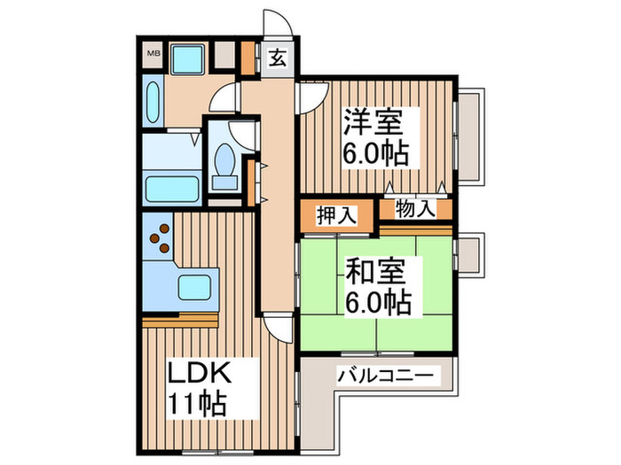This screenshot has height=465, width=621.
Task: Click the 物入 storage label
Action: [416, 211]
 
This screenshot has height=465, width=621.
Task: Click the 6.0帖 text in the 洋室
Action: [376, 154]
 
